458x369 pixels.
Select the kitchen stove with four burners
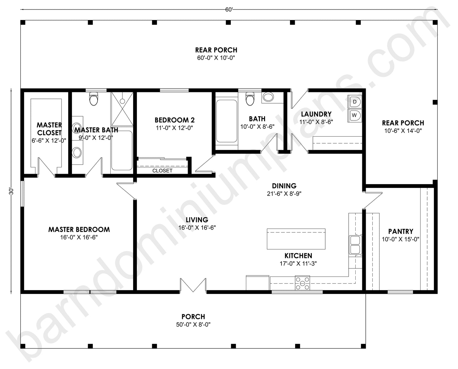(x=303, y=283)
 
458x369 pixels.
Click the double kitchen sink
(x=355, y=245)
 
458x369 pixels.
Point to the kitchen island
(x=296, y=239)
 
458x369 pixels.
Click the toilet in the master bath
(x=94, y=99)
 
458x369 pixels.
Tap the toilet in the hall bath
(x=250, y=99)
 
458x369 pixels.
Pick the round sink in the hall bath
(x=268, y=97)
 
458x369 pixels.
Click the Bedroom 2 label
(x=174, y=120)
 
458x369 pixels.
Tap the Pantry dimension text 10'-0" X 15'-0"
(x=401, y=239)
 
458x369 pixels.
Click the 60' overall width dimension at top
(x=229, y=10)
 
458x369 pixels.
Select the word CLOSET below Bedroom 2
(x=162, y=171)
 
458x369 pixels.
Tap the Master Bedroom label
(x=79, y=230)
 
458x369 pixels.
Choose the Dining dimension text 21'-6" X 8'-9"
(x=284, y=194)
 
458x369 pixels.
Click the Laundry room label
(x=316, y=114)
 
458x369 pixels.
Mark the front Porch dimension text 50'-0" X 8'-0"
(x=193, y=324)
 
